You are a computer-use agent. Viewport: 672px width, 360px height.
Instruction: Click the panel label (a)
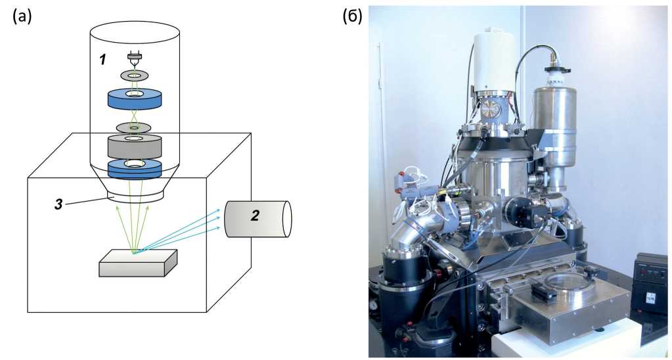[x=22, y=16]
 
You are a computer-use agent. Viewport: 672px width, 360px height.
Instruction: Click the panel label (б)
[x=352, y=16]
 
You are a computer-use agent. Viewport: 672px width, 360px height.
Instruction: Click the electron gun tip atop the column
[x=134, y=60]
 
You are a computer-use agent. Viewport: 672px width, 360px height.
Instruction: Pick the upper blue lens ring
[x=135, y=99]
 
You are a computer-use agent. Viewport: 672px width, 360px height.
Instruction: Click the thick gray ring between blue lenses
[x=134, y=146]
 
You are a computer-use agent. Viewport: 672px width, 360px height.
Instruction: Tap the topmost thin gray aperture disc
[x=134, y=76]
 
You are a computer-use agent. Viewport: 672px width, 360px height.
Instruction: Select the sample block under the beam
[x=137, y=262]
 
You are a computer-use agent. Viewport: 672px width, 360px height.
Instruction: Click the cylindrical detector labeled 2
[x=258, y=218]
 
